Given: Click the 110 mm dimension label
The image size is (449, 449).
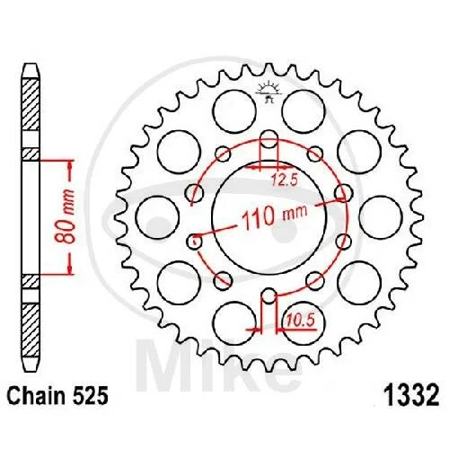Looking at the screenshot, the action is pos(274,216).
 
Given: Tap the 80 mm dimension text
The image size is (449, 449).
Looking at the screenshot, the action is pos(65,216).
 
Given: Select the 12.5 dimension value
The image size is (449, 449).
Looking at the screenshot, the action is pos(285,180).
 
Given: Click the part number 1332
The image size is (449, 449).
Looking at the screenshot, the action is pos(411,396).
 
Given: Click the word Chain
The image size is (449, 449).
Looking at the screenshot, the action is pos(36,396).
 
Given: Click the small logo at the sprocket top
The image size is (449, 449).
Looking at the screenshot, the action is pos(269,92).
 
